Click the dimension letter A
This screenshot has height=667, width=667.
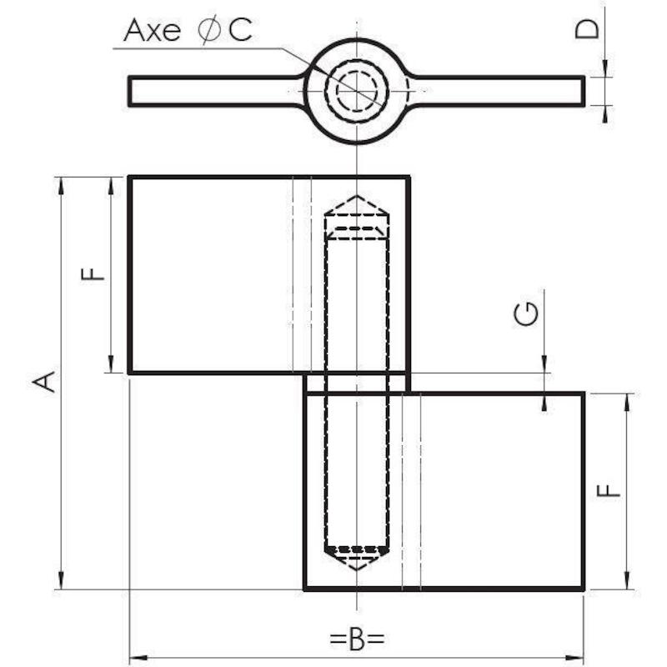tap(44, 382)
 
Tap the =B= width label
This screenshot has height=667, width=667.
tap(358, 638)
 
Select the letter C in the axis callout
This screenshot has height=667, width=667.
tap(240, 30)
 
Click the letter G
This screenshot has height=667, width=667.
tap(526, 314)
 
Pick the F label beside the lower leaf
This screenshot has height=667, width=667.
tap(609, 490)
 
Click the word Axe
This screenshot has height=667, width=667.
tap(152, 30)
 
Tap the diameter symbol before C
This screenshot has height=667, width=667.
tap(209, 29)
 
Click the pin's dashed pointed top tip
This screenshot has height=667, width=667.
tap(357, 196)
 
